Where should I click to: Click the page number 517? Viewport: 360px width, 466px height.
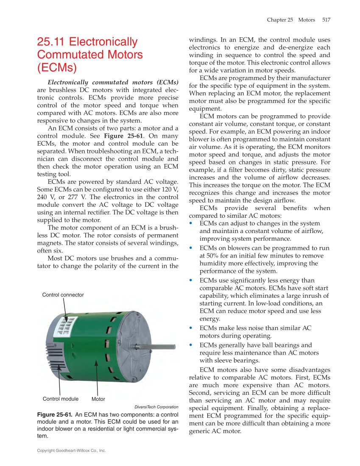tap(326, 20)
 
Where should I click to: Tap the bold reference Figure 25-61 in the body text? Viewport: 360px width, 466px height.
tap(120, 136)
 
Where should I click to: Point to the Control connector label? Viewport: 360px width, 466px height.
tap(63, 295)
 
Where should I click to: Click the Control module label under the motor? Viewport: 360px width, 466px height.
tap(61, 399)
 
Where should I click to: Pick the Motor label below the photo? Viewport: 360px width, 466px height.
tap(98, 399)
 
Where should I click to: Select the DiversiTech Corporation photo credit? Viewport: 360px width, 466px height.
tap(156, 407)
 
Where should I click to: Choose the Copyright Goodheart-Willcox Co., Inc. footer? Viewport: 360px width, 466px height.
tap(71, 451)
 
